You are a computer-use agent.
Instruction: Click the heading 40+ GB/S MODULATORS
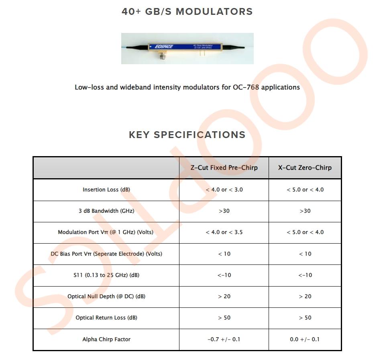187,12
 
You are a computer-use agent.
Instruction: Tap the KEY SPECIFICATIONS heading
187,135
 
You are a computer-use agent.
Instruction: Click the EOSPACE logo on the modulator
164,47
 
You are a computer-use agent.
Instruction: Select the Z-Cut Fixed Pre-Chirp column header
224,168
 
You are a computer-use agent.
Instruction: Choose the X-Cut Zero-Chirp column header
305,168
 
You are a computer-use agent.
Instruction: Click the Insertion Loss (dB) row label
106,189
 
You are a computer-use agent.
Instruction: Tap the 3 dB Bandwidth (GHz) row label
106,211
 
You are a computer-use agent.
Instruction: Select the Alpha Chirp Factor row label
106,339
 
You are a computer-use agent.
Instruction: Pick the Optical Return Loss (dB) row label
106,317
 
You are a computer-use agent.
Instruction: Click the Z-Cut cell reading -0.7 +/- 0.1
224,339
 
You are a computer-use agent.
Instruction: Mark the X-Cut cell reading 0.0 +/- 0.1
305,339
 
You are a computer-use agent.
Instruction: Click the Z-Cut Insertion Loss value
224,189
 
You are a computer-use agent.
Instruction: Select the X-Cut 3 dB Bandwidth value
305,211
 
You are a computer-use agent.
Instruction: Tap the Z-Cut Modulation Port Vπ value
224,232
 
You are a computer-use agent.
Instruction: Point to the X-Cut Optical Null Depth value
305,296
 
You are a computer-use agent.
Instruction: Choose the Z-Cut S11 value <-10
224,275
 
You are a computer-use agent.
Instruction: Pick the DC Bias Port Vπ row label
106,254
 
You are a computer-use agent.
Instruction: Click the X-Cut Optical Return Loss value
305,317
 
